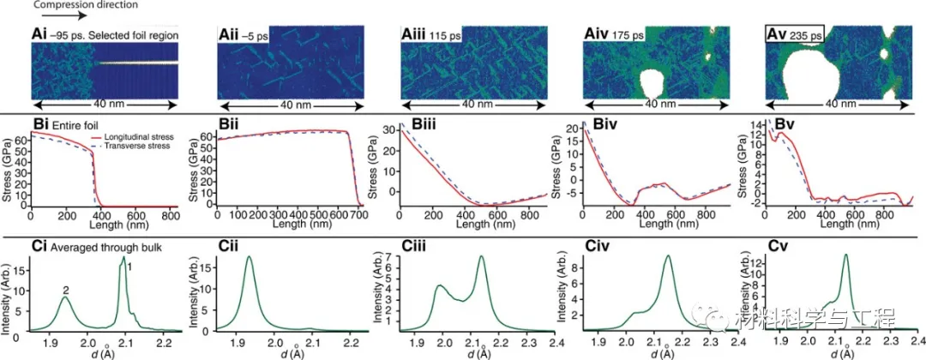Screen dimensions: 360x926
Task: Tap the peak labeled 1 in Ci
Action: pos(123,258)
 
